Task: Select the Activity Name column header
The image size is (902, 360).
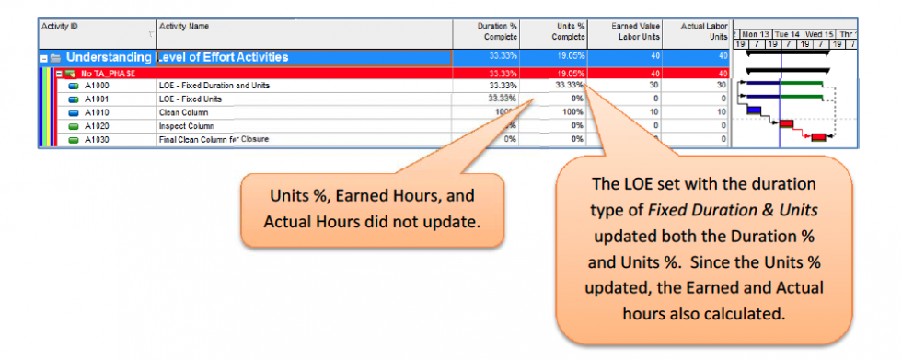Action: [180, 27]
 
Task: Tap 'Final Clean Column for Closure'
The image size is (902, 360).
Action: [214, 138]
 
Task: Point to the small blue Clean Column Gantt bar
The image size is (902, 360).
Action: [754, 110]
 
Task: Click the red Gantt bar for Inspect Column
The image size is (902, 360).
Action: [786, 123]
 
